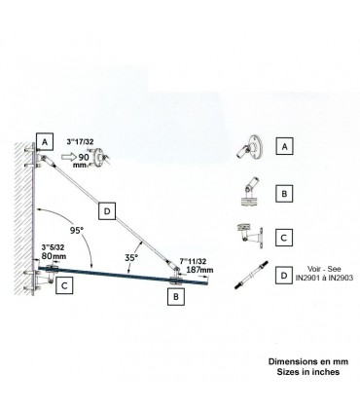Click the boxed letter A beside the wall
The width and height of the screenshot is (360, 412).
tap(45, 139)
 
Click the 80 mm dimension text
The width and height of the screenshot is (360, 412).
tap(55, 260)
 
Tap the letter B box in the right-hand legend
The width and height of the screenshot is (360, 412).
tap(284, 193)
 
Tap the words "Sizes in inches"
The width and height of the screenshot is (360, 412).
tap(302, 371)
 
